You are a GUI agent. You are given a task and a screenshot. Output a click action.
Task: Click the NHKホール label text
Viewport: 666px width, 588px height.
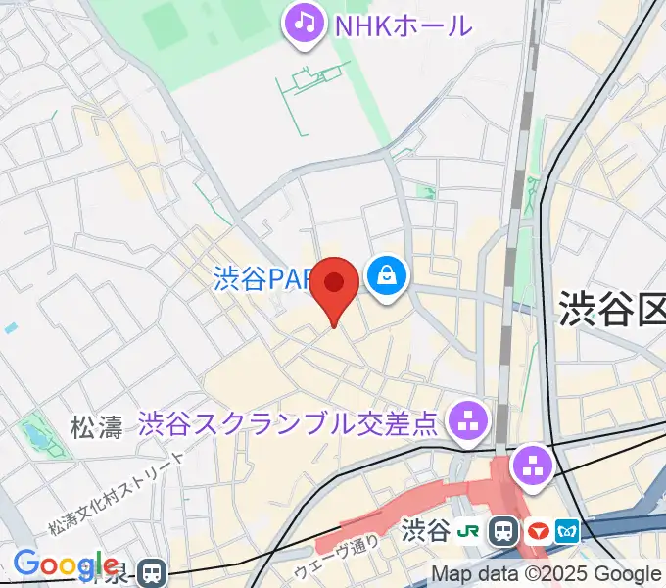[x=403, y=24]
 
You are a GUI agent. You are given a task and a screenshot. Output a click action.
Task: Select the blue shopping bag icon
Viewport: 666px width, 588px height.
[x=388, y=275]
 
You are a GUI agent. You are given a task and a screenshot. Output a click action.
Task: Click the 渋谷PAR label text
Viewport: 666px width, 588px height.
[x=262, y=279]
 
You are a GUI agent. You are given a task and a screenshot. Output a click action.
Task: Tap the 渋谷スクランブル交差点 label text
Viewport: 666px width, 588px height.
[x=287, y=423]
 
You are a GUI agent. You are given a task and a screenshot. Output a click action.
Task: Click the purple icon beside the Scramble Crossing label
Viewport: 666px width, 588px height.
[x=467, y=422]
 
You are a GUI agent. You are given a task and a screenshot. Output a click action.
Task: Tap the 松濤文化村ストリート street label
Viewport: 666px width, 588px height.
[x=117, y=497]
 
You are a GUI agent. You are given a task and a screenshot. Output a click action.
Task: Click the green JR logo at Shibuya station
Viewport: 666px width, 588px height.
[x=470, y=532]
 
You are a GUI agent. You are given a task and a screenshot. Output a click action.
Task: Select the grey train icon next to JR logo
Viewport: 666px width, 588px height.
[x=504, y=532]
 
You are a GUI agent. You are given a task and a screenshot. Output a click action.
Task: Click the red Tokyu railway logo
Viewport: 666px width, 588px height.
[x=536, y=532]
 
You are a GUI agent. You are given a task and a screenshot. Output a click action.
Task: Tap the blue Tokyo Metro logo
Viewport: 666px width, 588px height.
[x=567, y=532]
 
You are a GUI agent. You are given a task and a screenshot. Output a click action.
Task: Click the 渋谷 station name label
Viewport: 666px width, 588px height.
[x=424, y=532]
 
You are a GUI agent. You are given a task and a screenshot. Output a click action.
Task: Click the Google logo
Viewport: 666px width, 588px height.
[x=66, y=564]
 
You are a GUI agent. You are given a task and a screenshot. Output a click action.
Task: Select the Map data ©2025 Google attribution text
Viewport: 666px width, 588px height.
[x=547, y=574]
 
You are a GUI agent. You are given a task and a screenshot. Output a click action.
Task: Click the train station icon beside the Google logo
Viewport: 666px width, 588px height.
[x=151, y=571]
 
